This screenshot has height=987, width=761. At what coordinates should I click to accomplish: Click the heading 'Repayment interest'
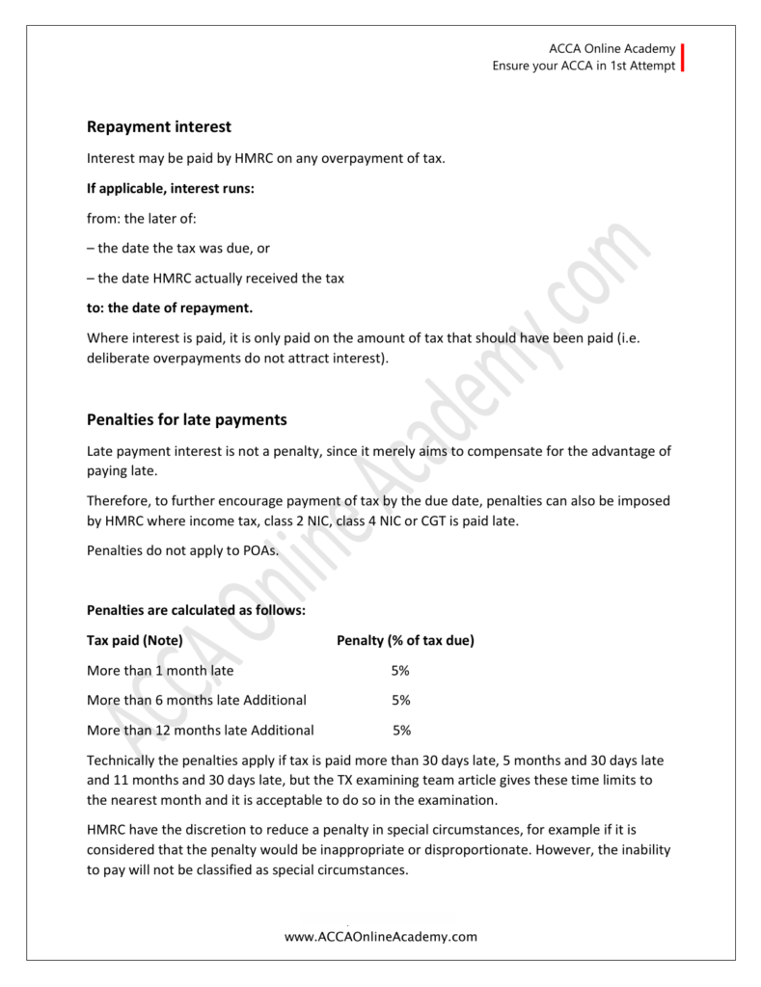pos(159,127)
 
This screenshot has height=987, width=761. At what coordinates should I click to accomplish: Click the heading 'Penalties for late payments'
pos(187,419)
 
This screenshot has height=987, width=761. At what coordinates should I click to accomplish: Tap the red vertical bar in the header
pos(683,58)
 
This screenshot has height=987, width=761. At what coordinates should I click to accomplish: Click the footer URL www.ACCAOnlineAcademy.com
pos(381,935)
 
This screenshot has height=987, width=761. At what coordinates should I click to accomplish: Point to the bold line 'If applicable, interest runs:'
pos(171,188)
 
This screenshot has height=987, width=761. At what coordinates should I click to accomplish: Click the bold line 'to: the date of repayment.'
pos(169,308)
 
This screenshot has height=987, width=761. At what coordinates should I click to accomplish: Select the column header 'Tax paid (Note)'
pos(135,640)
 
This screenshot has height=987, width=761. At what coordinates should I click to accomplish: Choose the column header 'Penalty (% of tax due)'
pos(404,640)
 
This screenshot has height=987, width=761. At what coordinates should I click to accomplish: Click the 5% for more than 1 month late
pos(401,670)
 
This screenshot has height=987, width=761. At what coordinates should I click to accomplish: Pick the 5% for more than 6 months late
pos(401,700)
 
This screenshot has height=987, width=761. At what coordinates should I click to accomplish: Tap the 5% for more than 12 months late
pos(402,730)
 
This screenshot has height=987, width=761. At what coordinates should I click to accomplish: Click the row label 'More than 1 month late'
pos(160,670)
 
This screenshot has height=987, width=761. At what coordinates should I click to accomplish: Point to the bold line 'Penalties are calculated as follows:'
pos(197,610)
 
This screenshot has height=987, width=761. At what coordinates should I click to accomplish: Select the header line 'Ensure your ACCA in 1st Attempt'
pos(583,67)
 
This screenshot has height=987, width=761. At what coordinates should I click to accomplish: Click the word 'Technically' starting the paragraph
pos(122,760)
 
